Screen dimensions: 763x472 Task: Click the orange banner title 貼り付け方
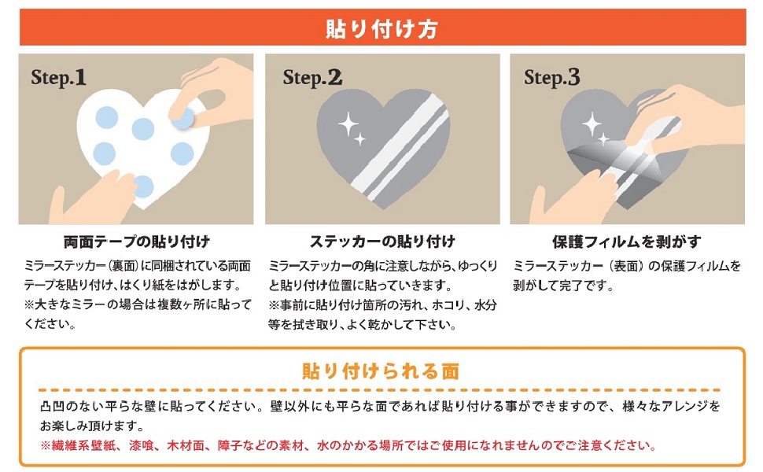(x=381, y=28)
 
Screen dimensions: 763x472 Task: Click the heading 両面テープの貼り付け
(x=136, y=242)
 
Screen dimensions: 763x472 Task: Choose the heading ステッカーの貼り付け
(x=382, y=242)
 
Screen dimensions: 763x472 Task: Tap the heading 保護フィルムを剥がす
(x=626, y=242)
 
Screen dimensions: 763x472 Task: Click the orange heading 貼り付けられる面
(x=381, y=370)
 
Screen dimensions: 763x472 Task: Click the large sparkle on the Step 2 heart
(x=347, y=123)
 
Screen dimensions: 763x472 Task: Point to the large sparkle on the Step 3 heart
(x=591, y=123)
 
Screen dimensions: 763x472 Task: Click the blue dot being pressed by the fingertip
(x=183, y=117)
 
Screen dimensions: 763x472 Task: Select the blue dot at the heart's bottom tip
(x=142, y=186)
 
